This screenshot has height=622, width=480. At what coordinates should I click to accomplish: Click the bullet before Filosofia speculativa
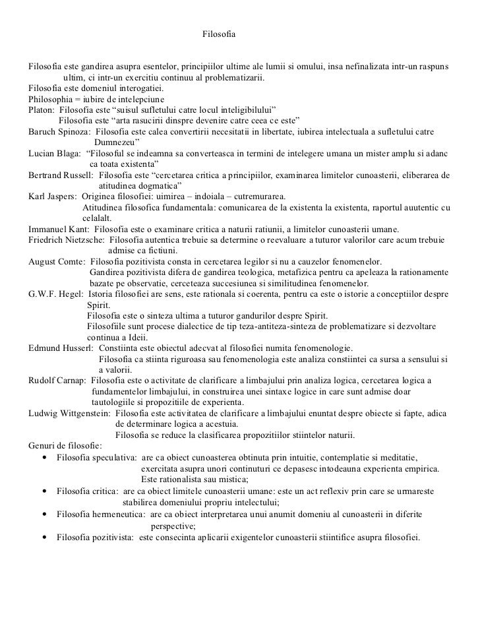[x=44, y=457]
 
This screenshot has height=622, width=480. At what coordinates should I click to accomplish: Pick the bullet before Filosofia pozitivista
[x=44, y=538]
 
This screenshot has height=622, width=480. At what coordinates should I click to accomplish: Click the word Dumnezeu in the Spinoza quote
[x=115, y=142]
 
